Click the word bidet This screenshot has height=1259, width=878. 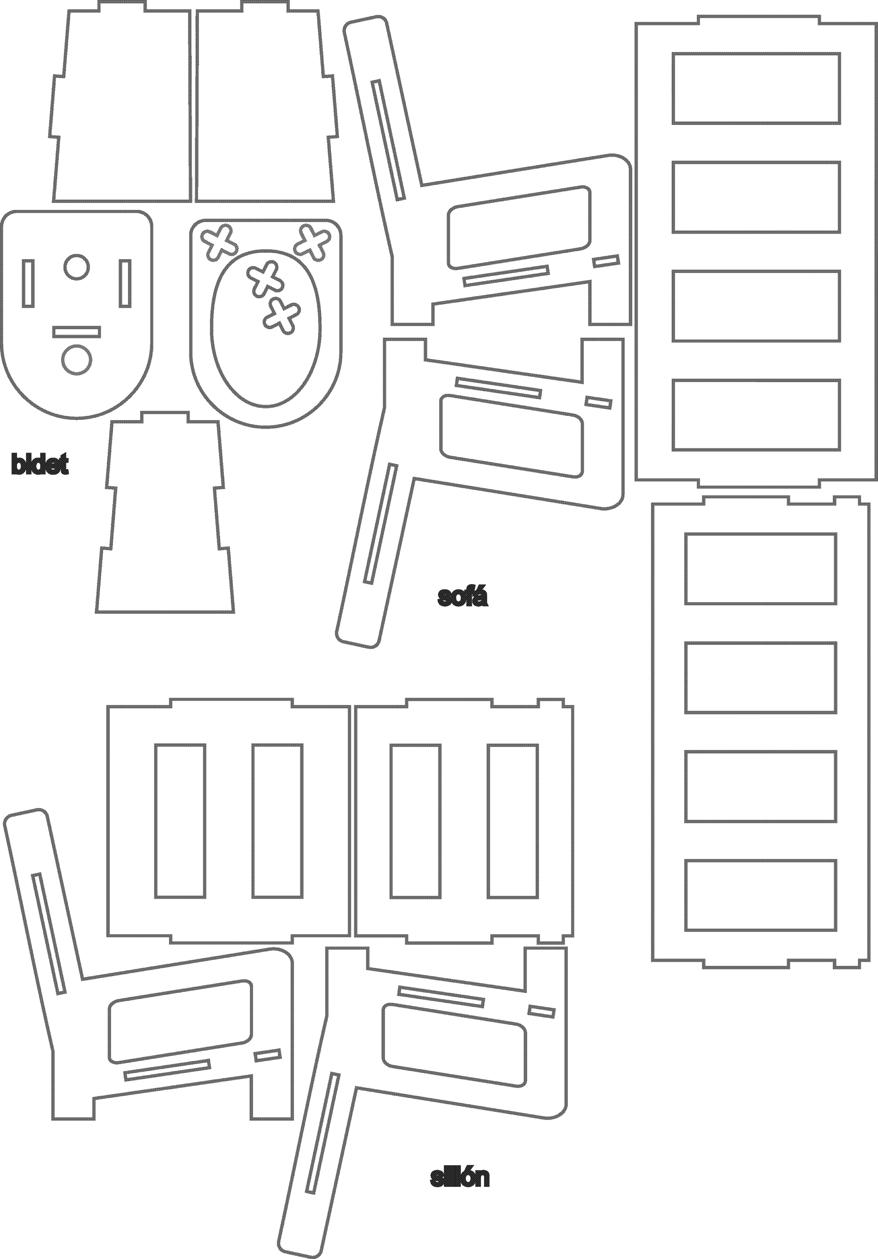(40, 465)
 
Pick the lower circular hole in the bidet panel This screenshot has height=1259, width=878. (77, 360)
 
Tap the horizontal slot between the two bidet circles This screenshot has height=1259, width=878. (77, 332)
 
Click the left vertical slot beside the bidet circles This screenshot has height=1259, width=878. (28, 283)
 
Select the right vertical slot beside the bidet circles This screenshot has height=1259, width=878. (126, 283)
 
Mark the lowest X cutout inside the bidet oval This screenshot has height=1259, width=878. (282, 316)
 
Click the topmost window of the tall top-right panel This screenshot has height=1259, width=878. (756, 88)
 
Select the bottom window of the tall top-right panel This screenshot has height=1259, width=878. (756, 415)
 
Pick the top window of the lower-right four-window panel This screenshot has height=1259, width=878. (761, 569)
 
